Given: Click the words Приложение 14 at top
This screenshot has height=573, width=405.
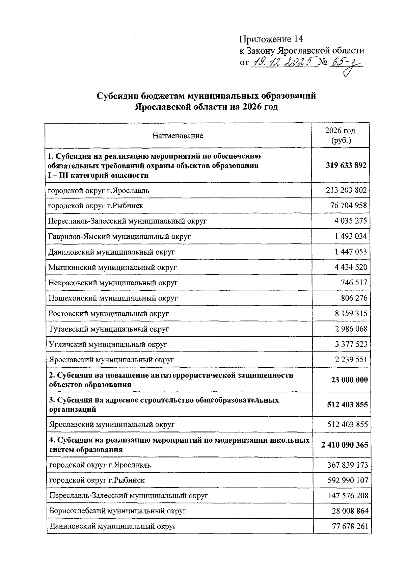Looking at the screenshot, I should (x=271, y=39).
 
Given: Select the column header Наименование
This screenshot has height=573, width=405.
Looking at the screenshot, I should (x=178, y=136).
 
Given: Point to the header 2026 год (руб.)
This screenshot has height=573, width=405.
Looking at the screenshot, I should (x=341, y=135).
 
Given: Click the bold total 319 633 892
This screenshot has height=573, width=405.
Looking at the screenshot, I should (x=346, y=165).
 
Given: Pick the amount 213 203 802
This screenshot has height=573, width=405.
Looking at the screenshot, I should (x=346, y=190).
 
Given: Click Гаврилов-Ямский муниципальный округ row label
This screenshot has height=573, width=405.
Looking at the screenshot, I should (x=119, y=236).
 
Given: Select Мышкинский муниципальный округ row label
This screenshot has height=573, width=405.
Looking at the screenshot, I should (x=112, y=267).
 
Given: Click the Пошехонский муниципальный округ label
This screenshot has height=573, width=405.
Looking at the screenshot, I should (x=113, y=298).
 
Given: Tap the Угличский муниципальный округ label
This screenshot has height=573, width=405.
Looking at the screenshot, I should (x=108, y=344).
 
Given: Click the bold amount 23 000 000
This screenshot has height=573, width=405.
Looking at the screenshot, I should (x=349, y=380).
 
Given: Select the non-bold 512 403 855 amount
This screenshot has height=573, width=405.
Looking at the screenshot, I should (x=347, y=424).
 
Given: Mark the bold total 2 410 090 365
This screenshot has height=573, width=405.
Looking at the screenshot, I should (x=345, y=445).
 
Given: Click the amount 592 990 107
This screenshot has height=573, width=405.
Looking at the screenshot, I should (x=348, y=480).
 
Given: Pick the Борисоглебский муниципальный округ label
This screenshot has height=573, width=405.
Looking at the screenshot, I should (x=117, y=511).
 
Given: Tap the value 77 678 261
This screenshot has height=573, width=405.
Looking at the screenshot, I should (x=349, y=526).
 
